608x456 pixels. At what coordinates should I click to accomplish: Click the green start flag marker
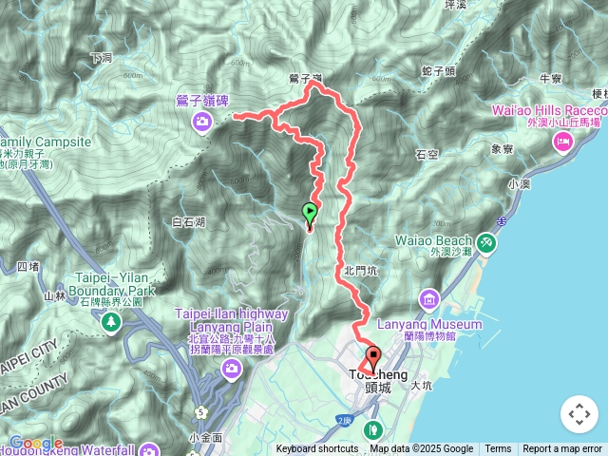pos(309,212)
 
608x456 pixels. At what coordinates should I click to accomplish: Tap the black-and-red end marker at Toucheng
pos(372,358)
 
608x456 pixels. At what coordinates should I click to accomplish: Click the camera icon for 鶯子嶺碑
pos(201,121)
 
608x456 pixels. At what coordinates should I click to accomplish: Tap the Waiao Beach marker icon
pos(486,242)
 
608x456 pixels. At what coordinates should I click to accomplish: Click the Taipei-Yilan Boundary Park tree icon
pos(111,322)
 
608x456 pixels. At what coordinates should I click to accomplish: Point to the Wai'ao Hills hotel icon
pos(561,142)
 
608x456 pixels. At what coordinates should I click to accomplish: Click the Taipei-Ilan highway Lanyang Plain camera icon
pos(229,369)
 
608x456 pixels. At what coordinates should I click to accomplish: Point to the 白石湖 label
pos(189,221)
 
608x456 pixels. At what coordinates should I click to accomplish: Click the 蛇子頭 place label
pos(438,71)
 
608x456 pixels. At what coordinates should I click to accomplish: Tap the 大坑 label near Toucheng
pos(422,386)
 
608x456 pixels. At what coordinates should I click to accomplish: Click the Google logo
pos(34,443)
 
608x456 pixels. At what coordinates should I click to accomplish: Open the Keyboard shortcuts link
pos(317,449)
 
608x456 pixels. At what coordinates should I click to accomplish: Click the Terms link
pos(498,449)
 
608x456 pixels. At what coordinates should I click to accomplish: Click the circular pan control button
pos(579,414)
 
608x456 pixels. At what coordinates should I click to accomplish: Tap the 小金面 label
pos(205,437)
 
